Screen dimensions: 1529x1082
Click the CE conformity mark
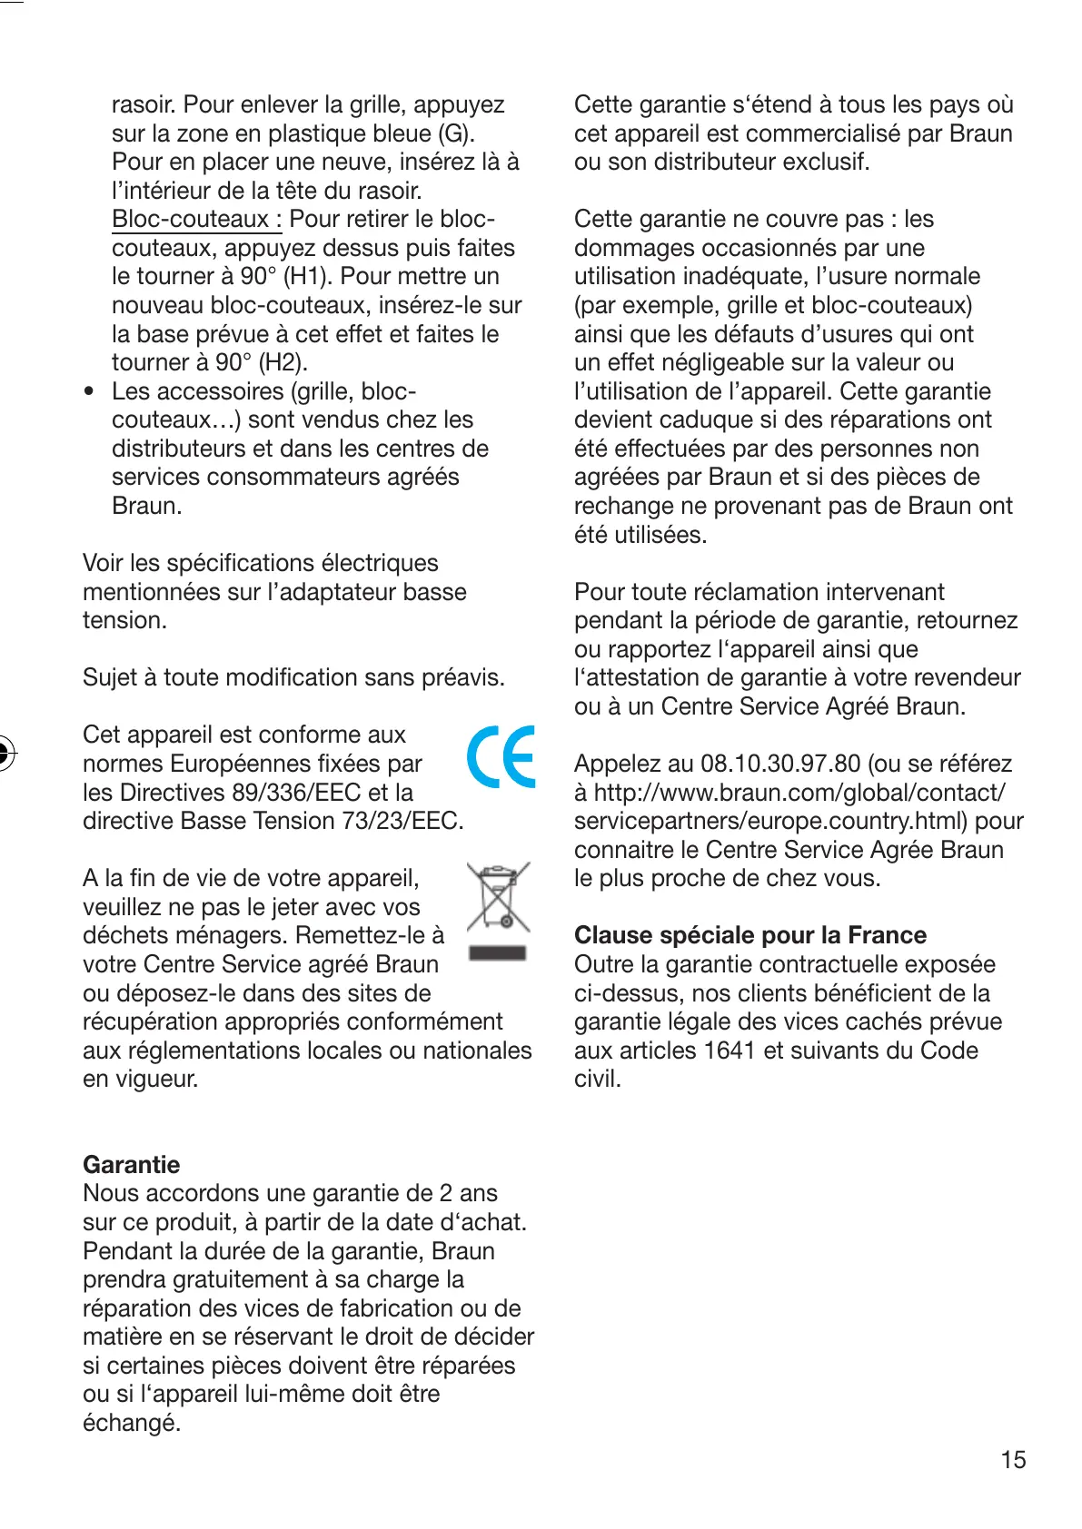pos(501,756)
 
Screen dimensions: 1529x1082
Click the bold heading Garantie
pos(131,1164)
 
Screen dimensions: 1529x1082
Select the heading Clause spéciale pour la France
pos(749,935)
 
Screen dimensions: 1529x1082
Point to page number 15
pos(1013,1459)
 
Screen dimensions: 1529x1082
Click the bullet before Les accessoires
pos(89,391)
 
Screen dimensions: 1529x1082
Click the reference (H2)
pos(283,362)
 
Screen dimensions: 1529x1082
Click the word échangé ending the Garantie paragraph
pos(131,1423)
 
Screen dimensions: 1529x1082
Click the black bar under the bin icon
pos(497,952)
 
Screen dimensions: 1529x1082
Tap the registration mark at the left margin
pos(5,752)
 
